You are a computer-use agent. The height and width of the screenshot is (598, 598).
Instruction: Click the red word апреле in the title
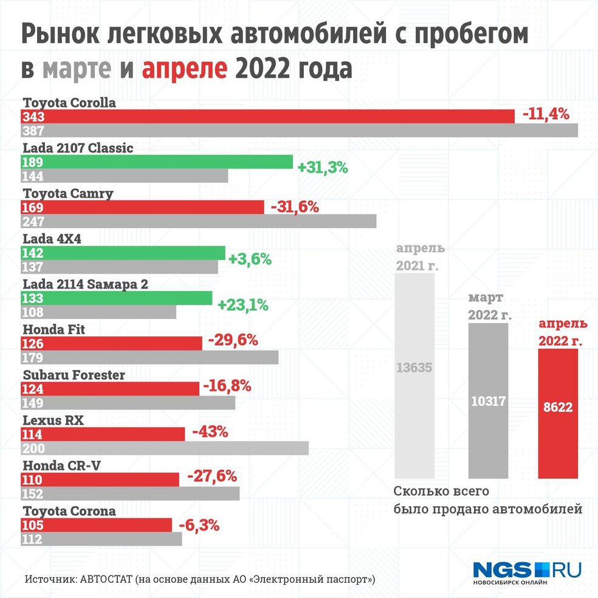coord(185,69)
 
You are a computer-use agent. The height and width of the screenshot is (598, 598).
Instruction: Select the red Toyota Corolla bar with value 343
coord(267,116)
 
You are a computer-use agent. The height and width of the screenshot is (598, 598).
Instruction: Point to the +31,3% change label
coord(322,168)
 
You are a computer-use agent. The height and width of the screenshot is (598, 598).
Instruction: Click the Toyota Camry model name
coord(68,193)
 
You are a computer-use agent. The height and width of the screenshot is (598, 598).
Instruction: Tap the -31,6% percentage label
coord(295,207)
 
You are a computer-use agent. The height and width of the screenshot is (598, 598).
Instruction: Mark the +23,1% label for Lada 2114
coord(243,305)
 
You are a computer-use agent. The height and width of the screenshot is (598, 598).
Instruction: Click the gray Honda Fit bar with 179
coord(149,357)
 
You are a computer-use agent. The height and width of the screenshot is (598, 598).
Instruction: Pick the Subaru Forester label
coord(74,375)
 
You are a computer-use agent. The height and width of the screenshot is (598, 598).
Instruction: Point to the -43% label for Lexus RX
coord(210,433)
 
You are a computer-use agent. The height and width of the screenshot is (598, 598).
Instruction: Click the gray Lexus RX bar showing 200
coord(165,448)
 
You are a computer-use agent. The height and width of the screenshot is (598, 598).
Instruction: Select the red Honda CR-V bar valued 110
coord(100,479)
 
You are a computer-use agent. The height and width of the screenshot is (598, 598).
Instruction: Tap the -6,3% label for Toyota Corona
coord(199,524)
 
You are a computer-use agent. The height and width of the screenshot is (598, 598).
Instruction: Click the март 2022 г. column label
coord(489,307)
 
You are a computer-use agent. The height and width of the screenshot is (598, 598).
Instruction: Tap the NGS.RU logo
coord(527,571)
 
